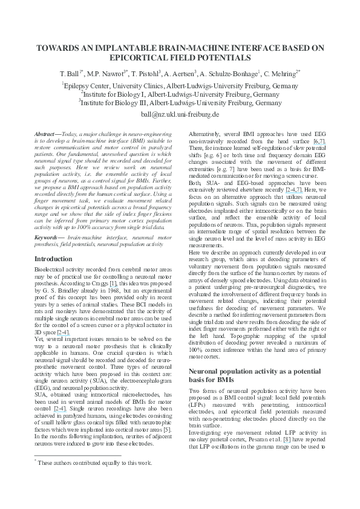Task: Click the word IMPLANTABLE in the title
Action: (x=125, y=47)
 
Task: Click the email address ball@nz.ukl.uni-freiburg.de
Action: (x=180, y=114)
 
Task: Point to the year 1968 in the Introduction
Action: (x=107, y=291)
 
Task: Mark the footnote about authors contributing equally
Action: (x=94, y=479)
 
